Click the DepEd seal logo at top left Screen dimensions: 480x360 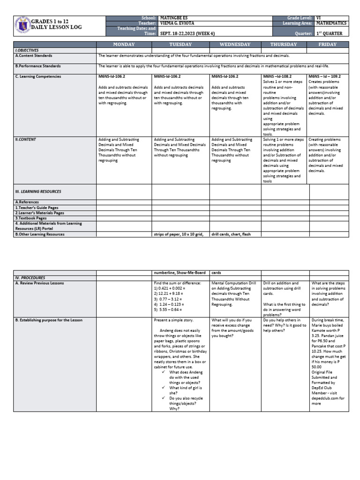tap(22, 25)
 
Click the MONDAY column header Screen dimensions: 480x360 tap(124, 45)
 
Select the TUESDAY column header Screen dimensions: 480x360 tap(180, 45)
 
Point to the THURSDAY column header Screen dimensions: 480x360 tap(283, 45)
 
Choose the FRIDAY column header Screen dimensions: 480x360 tap(328, 45)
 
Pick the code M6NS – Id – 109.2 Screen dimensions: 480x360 tap(324, 76)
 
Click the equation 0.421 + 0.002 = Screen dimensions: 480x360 tap(173, 289)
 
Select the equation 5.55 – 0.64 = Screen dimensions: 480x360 tap(172, 310)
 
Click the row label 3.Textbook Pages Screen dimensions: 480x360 tap(31, 218)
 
